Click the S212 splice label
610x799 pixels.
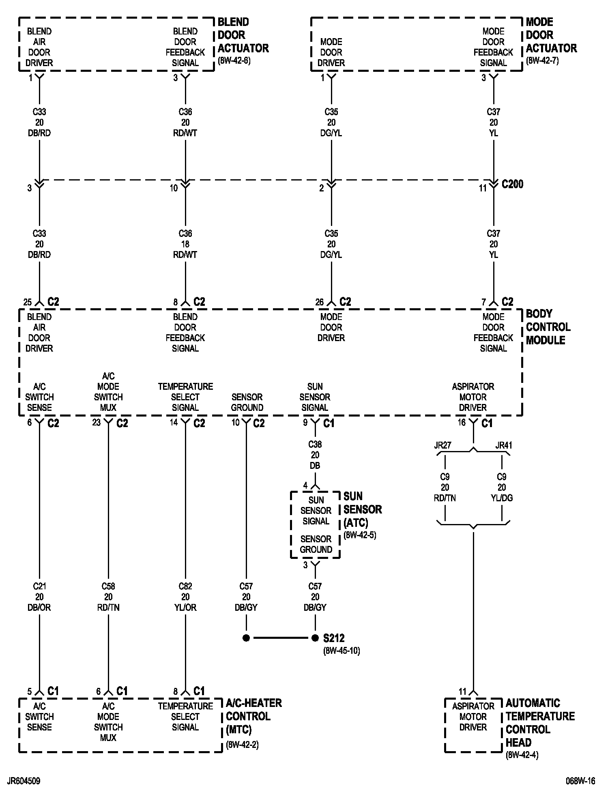[334, 638]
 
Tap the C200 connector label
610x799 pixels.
[512, 185]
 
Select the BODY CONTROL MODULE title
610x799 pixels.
[548, 327]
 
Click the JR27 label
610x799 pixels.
[442, 445]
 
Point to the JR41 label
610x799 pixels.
[504, 445]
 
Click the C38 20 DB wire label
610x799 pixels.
[315, 455]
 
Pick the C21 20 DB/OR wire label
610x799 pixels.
[39, 597]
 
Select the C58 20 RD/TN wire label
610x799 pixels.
[108, 597]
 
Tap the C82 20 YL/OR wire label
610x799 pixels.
[185, 597]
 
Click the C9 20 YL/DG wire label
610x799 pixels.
[502, 488]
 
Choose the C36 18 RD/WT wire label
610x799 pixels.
[185, 244]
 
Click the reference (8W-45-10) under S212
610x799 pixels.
[342, 651]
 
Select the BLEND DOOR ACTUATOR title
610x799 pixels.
[243, 35]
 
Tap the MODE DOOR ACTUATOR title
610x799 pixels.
[551, 35]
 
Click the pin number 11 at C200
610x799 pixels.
[482, 189]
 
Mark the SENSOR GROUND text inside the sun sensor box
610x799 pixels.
[316, 544]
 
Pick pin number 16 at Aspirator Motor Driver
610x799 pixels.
[462, 423]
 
